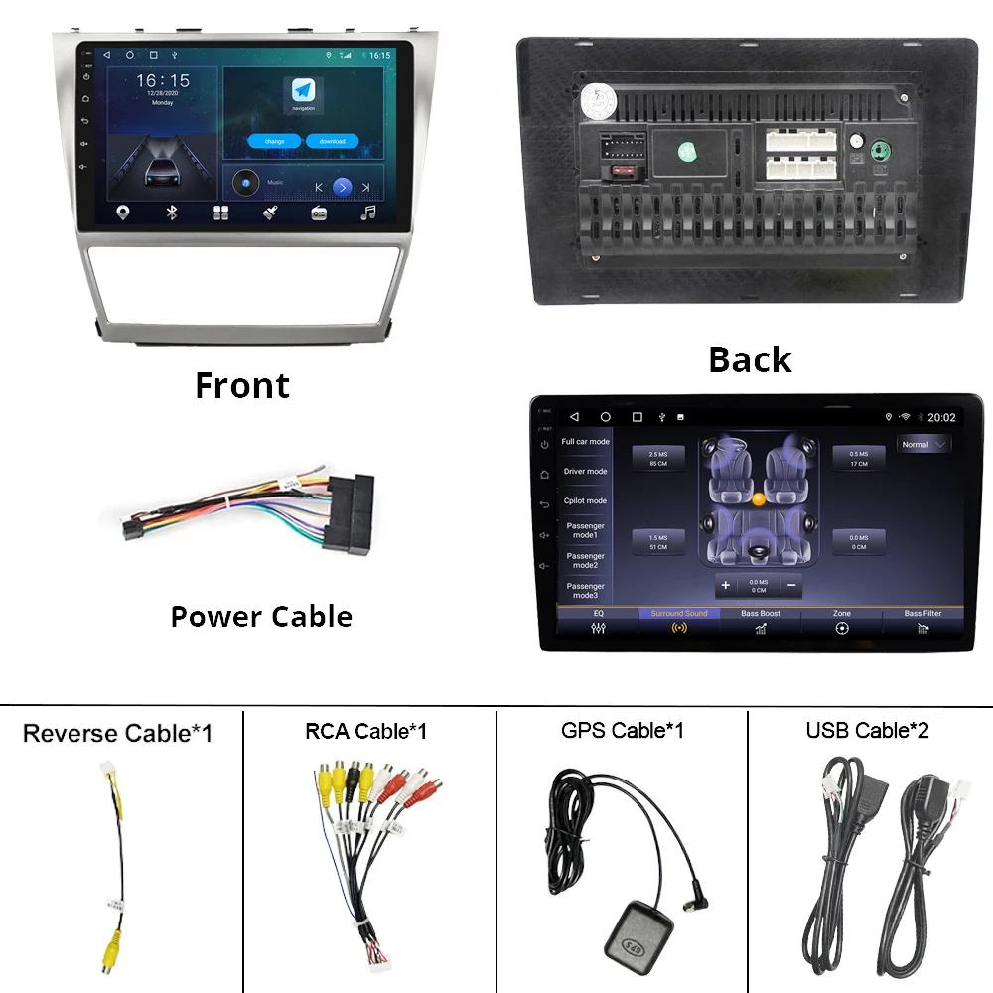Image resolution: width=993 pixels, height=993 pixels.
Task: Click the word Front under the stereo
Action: click(242, 385)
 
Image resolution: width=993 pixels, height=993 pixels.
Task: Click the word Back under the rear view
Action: click(750, 359)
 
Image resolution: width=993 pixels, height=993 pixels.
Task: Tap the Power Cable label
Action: click(261, 616)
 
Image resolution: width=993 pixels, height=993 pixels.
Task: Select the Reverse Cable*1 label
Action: click(117, 734)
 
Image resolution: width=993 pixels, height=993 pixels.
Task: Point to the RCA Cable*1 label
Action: click(365, 732)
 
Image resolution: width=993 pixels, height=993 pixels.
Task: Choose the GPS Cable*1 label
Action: click(622, 731)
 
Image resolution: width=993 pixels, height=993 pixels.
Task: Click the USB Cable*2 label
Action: click(867, 731)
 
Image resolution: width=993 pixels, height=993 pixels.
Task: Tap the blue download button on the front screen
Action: click(332, 141)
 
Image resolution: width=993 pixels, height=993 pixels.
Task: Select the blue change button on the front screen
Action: click(275, 141)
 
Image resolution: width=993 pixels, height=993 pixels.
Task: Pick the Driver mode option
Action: click(585, 472)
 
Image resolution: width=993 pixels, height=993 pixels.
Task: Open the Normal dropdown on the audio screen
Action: click(922, 445)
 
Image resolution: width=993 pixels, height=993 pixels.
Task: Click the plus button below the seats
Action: click(725, 586)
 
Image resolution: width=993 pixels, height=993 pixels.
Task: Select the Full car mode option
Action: click(585, 442)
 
